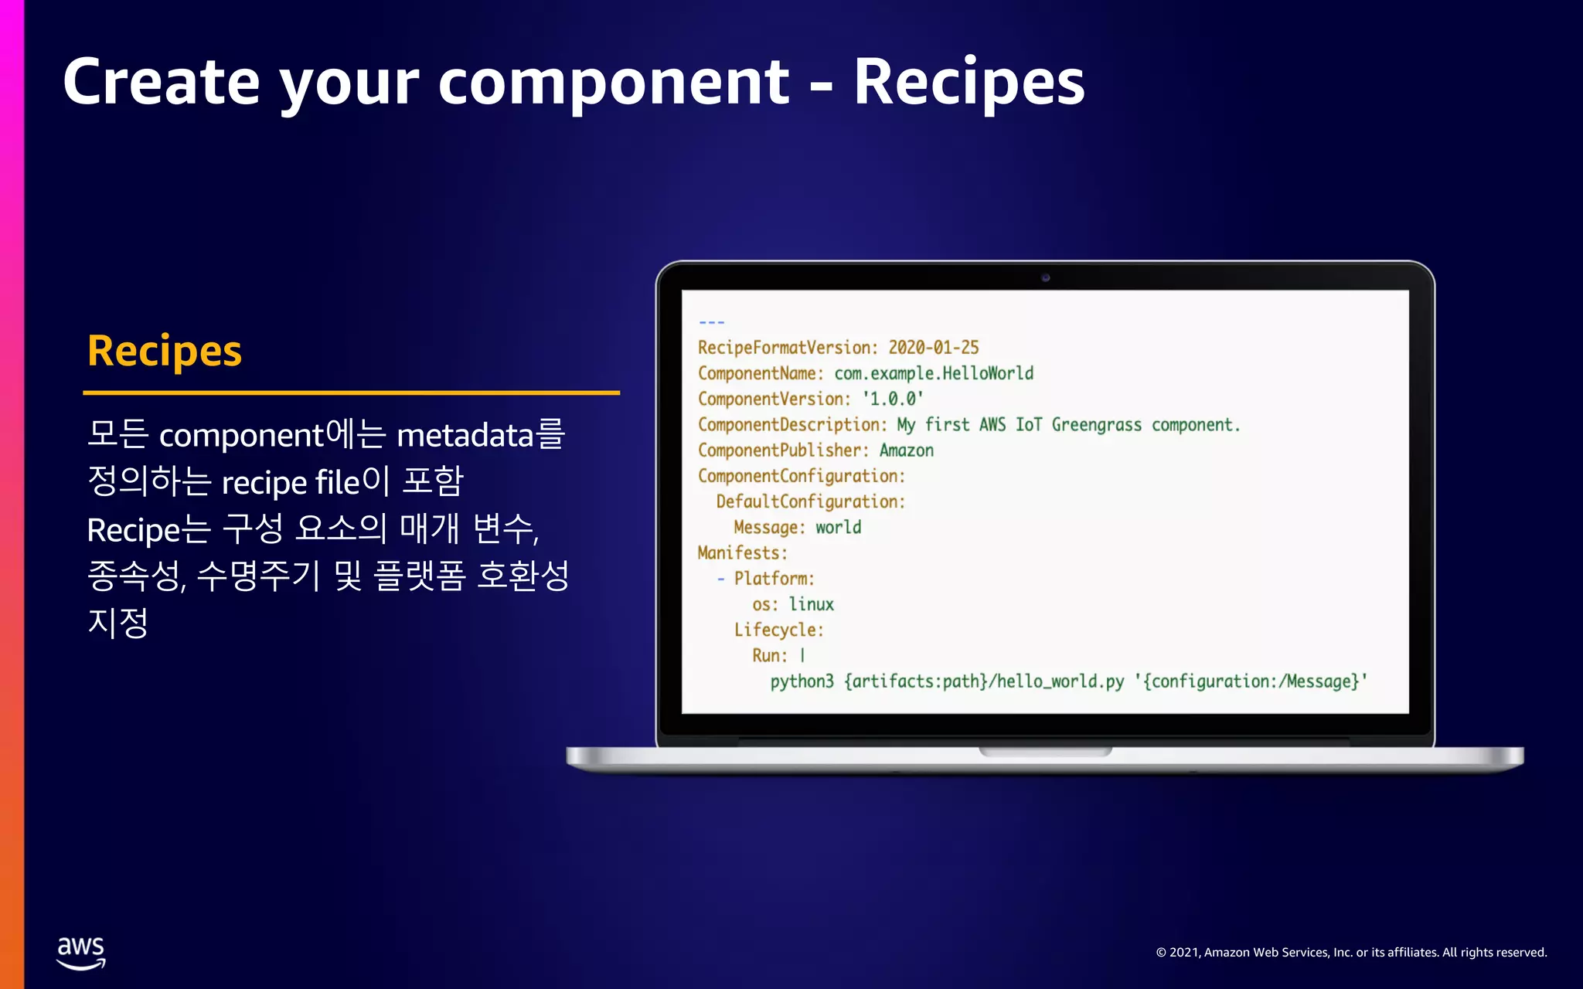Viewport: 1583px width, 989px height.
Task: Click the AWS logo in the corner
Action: (81, 953)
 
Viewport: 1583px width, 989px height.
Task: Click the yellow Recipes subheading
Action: (165, 352)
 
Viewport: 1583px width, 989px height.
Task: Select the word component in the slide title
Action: (614, 82)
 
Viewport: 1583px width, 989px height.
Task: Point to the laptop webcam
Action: (1045, 277)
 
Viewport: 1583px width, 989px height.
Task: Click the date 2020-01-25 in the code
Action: (933, 348)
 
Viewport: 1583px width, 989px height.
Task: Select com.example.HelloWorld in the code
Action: (934, 373)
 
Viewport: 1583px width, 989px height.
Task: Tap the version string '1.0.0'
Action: (893, 399)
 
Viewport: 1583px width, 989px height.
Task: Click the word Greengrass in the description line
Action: (1096, 425)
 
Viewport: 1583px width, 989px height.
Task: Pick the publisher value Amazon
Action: (906, 450)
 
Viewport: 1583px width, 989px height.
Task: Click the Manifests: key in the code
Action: (742, 553)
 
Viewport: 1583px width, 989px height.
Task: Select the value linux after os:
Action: (811, 604)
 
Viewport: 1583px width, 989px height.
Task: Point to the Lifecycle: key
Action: (778, 630)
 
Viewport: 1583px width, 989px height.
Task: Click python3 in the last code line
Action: (802, 681)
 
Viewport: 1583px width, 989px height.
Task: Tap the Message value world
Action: (838, 528)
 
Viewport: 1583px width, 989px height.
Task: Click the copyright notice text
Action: (1351, 953)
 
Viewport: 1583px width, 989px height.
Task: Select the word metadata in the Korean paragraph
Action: (465, 436)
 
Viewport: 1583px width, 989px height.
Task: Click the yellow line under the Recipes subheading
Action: (351, 393)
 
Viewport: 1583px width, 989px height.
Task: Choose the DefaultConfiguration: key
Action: (810, 501)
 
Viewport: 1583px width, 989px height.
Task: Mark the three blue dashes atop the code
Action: (711, 322)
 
